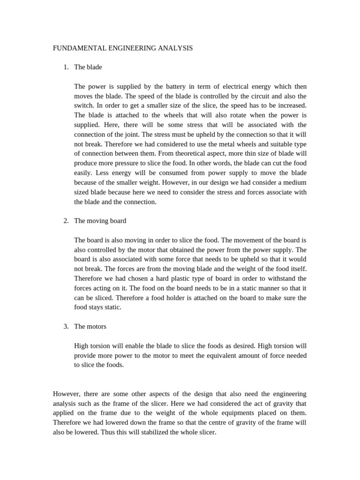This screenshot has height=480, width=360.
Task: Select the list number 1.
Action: click(66, 67)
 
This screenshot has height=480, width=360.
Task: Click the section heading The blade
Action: click(88, 67)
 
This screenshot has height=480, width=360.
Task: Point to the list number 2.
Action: click(66, 221)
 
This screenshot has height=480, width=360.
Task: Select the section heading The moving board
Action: click(100, 221)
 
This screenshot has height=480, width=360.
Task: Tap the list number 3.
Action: click(66, 326)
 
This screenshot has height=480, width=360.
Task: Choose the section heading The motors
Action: click(90, 326)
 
